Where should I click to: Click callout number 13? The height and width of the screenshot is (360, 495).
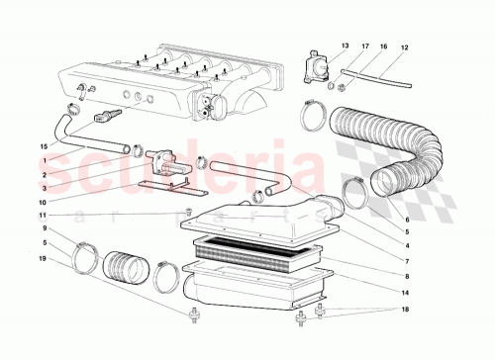tap(346, 46)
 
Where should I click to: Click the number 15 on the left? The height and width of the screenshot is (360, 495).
tap(43, 145)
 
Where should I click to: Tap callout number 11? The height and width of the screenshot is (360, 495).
tap(43, 215)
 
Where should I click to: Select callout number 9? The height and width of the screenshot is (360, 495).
tap(43, 228)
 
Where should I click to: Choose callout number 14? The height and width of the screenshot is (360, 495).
tap(406, 294)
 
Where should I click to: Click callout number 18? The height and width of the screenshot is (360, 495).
tap(406, 310)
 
